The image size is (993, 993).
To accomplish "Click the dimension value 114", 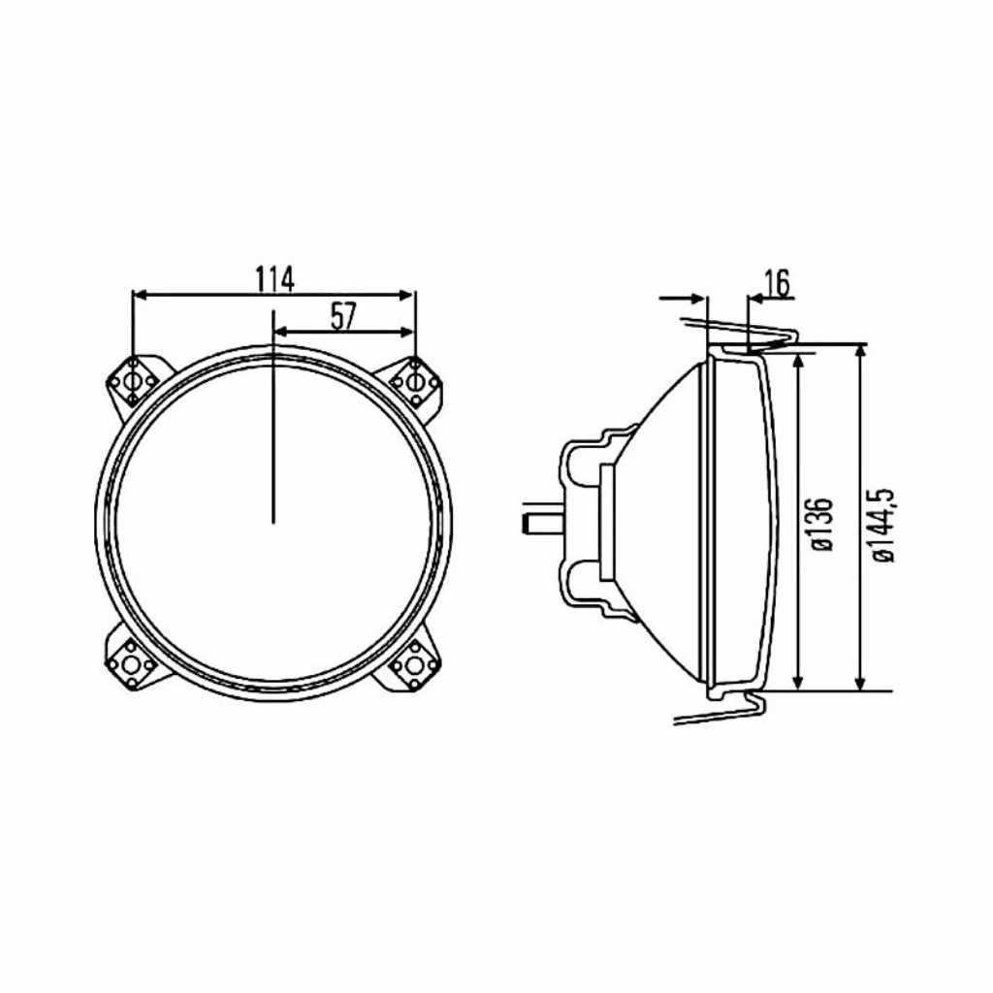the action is tap(274, 279).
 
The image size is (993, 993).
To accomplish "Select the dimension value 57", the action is tap(344, 317).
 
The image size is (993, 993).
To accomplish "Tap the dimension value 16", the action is tap(777, 283).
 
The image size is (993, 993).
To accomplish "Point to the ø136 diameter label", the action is tap(821, 525).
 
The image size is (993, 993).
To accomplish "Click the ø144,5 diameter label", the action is tap(882, 525).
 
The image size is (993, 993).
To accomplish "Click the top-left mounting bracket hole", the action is tap(133, 382).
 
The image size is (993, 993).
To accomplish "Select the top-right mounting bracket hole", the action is tap(414, 382).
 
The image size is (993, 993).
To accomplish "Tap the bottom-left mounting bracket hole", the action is tap(132, 664).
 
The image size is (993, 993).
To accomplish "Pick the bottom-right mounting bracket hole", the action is tap(414, 664).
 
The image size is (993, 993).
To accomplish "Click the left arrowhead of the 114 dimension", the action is tap(141, 295).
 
